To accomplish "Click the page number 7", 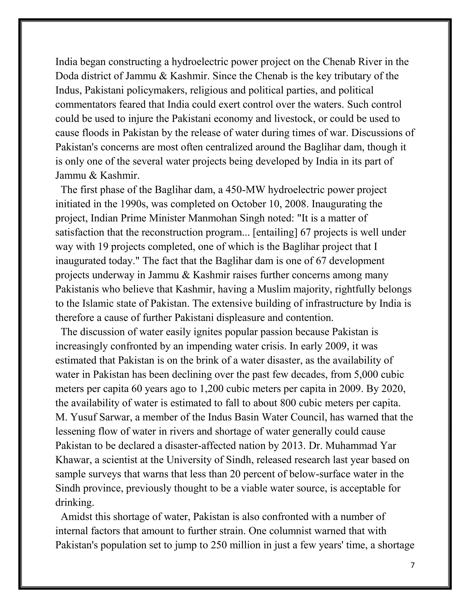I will point(413,565).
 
